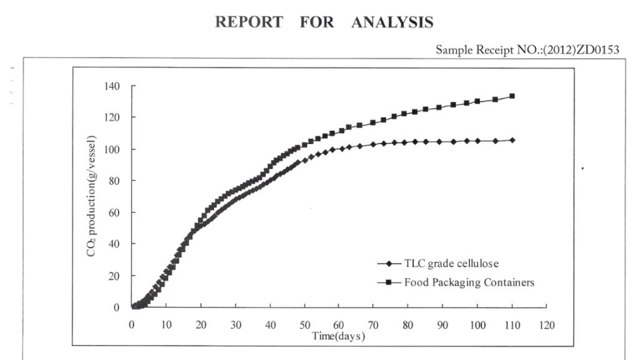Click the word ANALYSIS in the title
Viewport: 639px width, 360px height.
pos(392,22)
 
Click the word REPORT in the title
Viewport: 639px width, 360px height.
pos(248,22)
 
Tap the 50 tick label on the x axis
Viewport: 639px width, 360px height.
pos(305,325)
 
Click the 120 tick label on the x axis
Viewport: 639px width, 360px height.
pos(547,325)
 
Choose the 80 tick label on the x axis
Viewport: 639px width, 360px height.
pos(408,325)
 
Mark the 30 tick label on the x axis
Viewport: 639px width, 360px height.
pos(235,325)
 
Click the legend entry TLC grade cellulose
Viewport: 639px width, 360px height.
pos(452,264)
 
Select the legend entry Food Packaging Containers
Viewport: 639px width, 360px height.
pos(469,282)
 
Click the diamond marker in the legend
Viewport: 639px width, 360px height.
pos(389,264)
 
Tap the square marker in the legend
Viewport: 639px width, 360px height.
pos(389,283)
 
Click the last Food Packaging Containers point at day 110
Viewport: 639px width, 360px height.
pos(512,96)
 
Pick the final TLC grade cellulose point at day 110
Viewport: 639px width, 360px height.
pos(512,140)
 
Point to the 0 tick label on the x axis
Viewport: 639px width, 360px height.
pos(132,325)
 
